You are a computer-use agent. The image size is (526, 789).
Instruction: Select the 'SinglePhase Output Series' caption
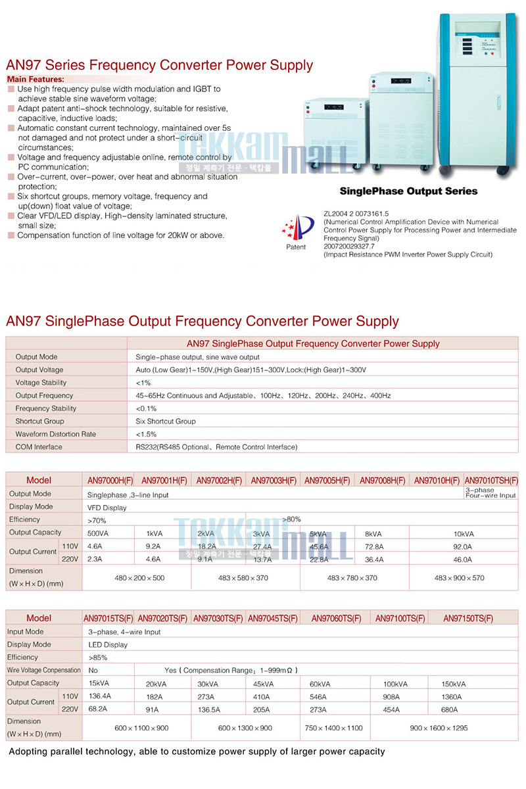click(x=408, y=191)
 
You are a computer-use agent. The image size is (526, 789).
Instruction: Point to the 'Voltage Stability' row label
click(x=41, y=383)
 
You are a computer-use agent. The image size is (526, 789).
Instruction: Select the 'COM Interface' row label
click(x=39, y=447)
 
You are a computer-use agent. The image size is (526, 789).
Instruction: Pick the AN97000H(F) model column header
click(x=110, y=481)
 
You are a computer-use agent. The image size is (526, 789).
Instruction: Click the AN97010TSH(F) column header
click(x=490, y=481)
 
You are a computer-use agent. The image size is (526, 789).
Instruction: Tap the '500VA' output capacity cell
click(x=98, y=533)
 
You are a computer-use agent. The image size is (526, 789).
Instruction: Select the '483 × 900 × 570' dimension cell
click(x=464, y=578)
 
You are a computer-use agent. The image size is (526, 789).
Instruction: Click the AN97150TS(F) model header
click(x=468, y=618)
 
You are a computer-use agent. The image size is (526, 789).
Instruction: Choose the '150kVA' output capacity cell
click(x=454, y=684)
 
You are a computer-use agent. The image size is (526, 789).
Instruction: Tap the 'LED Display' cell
click(x=108, y=644)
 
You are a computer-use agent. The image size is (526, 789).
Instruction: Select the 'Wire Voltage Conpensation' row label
click(x=43, y=670)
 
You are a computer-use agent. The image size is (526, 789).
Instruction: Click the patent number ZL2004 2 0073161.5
click(x=356, y=214)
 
